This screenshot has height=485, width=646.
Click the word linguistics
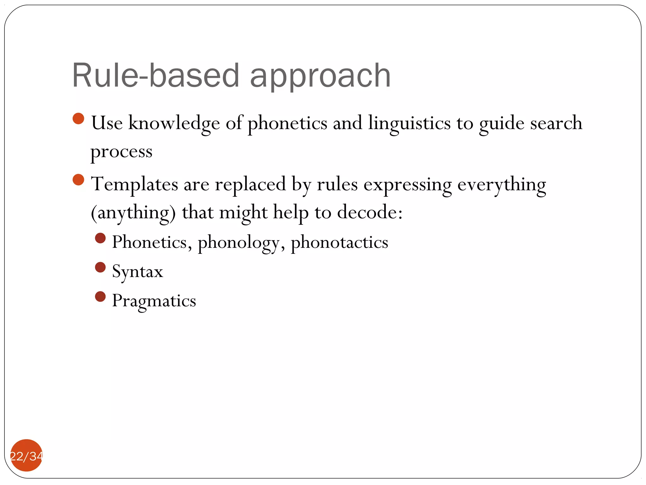409,123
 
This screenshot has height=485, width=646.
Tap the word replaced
250,184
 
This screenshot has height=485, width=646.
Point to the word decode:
370,212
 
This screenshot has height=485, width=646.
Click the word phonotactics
339,242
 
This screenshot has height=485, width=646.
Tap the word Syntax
138,272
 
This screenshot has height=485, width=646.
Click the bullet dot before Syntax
100,267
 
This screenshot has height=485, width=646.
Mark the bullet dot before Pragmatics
100,297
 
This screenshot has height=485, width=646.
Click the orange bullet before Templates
79,180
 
